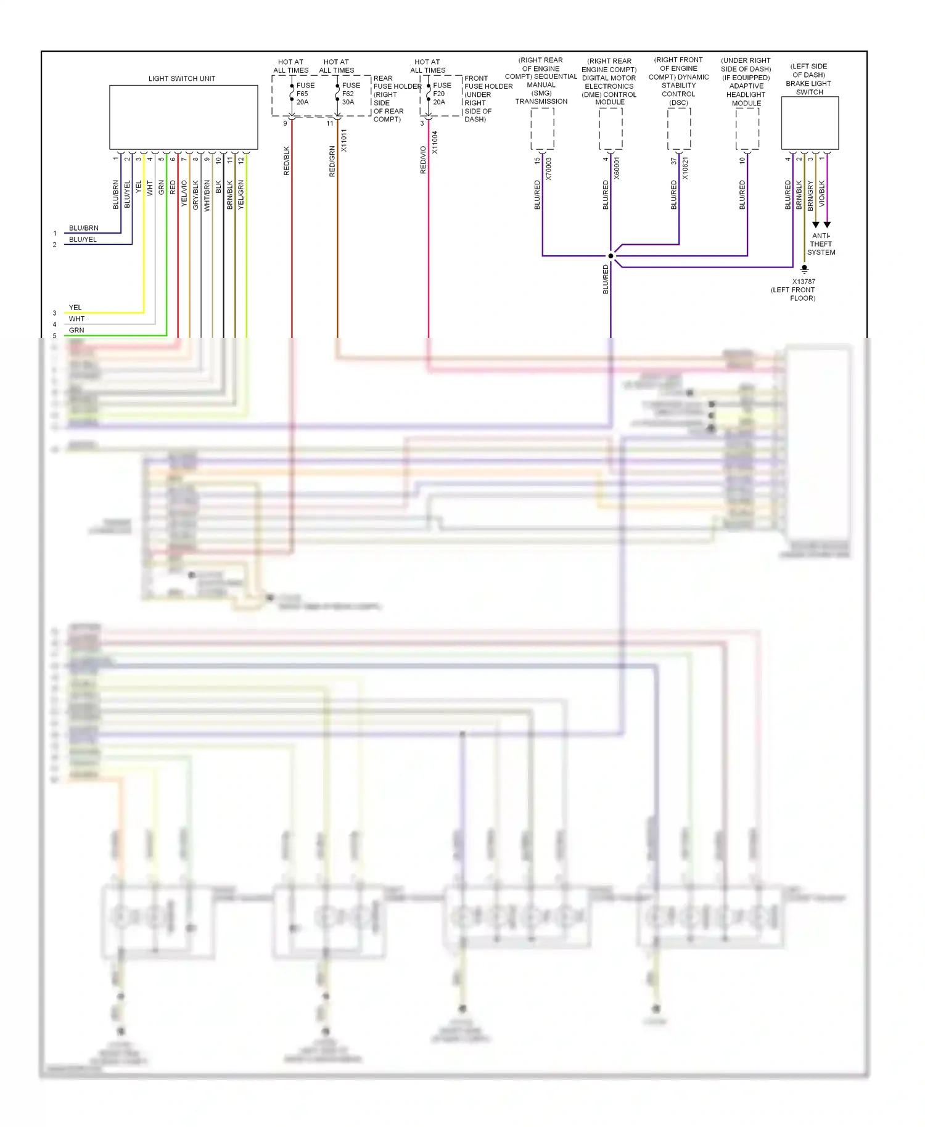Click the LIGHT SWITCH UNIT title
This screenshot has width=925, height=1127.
(x=182, y=78)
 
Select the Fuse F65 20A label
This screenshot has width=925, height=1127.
(x=305, y=94)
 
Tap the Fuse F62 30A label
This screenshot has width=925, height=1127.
(x=350, y=94)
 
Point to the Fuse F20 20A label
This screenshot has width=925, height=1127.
(x=442, y=94)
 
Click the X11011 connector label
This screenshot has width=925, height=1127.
(x=344, y=141)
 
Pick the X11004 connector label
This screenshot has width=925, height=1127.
(x=435, y=142)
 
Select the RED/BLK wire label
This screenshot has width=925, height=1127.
(x=286, y=161)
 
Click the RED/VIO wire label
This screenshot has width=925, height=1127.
(x=423, y=160)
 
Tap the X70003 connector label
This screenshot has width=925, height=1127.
(x=549, y=168)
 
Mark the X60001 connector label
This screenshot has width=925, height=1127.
(x=617, y=168)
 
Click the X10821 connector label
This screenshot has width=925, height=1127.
(x=686, y=168)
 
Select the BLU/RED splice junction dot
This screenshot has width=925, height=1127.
(x=610, y=256)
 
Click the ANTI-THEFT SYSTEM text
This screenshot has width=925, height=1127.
(x=821, y=244)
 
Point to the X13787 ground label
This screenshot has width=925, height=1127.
(x=803, y=282)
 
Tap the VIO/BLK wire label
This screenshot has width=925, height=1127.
(x=822, y=194)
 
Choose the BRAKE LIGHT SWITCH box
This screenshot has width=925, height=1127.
(x=810, y=123)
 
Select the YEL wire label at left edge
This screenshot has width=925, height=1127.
(x=75, y=308)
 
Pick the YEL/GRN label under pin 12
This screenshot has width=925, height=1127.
(x=241, y=195)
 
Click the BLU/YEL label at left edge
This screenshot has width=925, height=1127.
(x=83, y=240)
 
